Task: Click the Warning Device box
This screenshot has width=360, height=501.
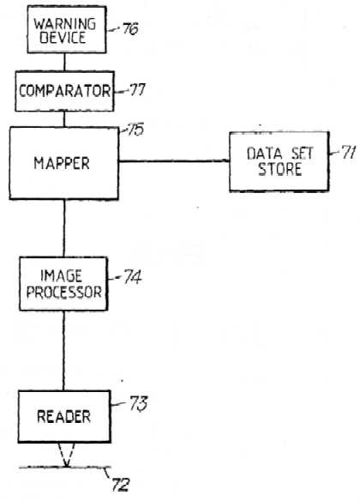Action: tap(67, 29)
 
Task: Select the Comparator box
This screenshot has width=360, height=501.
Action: tap(64, 92)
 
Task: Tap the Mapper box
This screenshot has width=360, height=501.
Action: tap(63, 163)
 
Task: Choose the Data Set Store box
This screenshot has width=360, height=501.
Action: tap(279, 161)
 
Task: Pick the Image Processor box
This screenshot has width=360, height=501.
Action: tap(63, 284)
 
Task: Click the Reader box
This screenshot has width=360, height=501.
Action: tap(64, 416)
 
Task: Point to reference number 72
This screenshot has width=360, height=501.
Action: tap(120, 485)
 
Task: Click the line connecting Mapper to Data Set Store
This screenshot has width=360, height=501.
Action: tap(174, 161)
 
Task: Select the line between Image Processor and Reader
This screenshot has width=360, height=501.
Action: tap(63, 351)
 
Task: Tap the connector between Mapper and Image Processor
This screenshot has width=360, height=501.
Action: tap(63, 228)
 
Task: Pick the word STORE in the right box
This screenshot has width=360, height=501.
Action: tap(280, 169)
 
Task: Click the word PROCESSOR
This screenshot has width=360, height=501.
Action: tap(63, 292)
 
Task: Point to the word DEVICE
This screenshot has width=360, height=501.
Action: tap(63, 38)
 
